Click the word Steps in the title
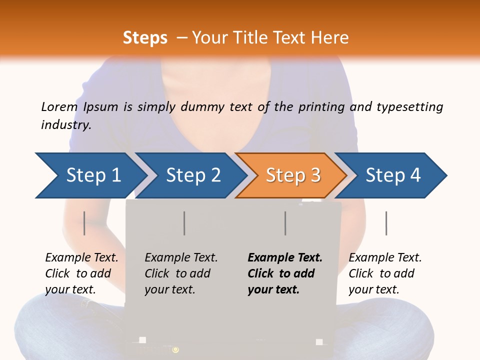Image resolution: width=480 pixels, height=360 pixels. click(145, 38)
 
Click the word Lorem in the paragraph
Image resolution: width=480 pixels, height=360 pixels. click(59, 107)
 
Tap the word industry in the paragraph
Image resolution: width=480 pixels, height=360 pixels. click(66, 125)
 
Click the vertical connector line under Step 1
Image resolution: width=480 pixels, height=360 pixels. click(84, 223)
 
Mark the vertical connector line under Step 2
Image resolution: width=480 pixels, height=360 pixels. click(184, 223)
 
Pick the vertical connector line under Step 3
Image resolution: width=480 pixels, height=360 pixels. click(285, 223)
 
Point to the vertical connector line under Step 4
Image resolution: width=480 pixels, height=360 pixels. click(386, 223)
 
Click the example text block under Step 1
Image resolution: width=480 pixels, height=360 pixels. click(81, 273)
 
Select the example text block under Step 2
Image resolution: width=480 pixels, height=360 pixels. click(181, 273)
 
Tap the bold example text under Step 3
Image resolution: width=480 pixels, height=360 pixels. click(285, 273)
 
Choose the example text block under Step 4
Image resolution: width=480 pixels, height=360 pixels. click(385, 273)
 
